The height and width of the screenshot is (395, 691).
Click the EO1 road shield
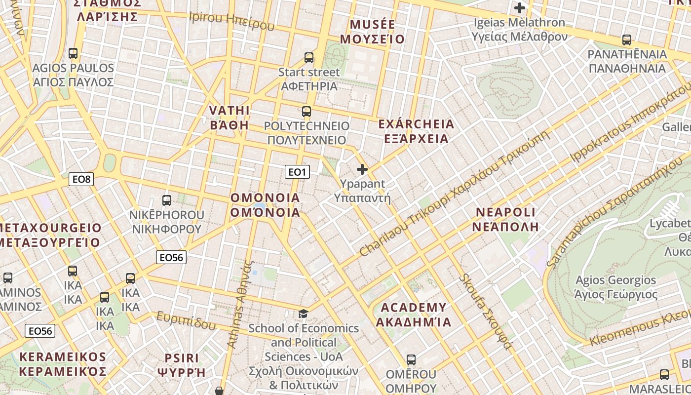point(297,172)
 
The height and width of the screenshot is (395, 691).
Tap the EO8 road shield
point(81,179)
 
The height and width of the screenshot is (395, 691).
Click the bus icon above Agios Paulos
point(73,53)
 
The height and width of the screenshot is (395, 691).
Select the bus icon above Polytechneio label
point(307,111)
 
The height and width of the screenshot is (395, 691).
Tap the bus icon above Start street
point(309,58)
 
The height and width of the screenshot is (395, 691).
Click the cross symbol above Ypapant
point(362,169)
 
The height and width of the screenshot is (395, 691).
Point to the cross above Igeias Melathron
point(519,8)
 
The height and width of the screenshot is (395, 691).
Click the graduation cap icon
point(303,314)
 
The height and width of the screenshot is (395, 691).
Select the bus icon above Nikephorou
point(167,200)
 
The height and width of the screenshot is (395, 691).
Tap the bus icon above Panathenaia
point(626,40)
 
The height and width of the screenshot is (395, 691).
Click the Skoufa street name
point(485,311)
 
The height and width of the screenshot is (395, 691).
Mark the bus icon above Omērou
point(411,360)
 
